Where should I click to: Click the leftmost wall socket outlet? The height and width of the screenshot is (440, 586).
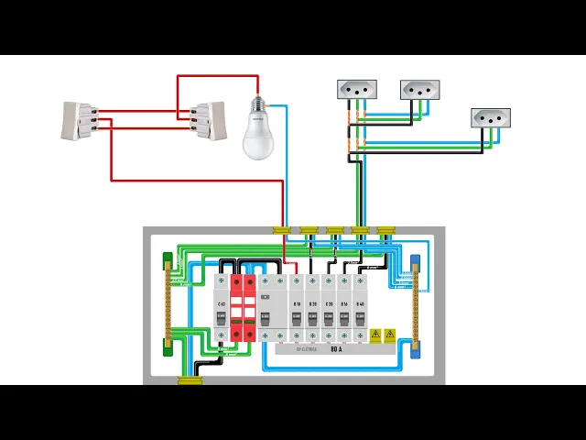click(357, 89)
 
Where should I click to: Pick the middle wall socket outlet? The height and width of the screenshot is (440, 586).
click(419, 90)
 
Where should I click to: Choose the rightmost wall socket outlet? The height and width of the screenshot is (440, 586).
click(490, 118)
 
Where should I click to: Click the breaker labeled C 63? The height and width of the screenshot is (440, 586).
click(222, 306)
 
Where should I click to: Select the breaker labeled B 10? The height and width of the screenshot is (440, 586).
click(296, 306)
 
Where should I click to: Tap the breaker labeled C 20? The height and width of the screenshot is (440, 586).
click(328, 306)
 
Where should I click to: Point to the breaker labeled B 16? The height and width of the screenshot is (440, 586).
click(343, 306)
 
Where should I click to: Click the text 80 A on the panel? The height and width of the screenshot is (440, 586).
click(335, 349)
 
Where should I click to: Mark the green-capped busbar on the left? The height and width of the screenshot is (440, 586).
click(168, 303)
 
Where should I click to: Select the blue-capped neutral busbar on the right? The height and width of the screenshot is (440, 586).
click(415, 305)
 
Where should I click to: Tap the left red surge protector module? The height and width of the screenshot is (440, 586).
click(236, 306)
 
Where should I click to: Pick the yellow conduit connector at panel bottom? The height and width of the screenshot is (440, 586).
click(190, 378)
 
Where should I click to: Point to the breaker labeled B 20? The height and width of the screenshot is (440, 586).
click(312, 306)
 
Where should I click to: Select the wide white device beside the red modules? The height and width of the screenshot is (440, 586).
click(269, 306)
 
